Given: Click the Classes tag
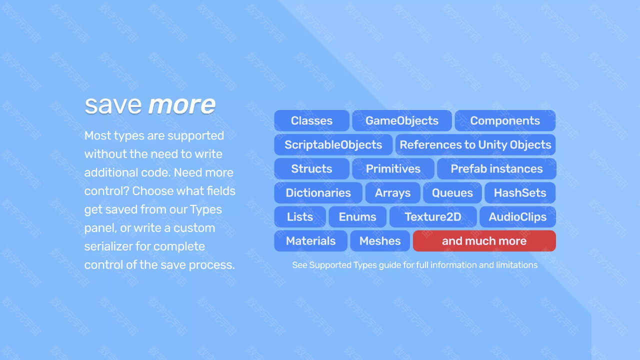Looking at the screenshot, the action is tap(311, 120).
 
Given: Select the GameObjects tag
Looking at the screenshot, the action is tap(402, 120).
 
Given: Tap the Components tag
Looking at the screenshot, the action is tap(505, 120).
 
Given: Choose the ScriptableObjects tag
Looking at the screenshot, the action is tap(333, 144).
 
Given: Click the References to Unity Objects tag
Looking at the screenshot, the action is tap(475, 144).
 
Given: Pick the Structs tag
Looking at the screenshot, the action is tap(311, 168).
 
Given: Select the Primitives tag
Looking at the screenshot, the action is tap(393, 168).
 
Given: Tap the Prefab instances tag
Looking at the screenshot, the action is tap(496, 168).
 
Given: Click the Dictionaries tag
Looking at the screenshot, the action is tap(318, 193).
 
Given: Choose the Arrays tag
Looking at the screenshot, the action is tap(393, 193).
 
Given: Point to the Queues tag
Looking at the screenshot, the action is tap(452, 193).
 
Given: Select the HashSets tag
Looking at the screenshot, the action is tap(520, 193).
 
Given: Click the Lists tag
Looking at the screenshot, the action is tap(300, 217).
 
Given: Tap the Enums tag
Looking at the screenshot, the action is tap(357, 217).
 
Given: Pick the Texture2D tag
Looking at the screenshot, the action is tap(433, 217).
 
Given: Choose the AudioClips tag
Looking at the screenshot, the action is tap(517, 217).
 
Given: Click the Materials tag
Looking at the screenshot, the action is tap(311, 241).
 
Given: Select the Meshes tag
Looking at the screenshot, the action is tap(380, 241).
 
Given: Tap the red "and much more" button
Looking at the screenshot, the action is tap(484, 241).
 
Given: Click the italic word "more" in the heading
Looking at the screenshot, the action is tap(181, 105).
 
